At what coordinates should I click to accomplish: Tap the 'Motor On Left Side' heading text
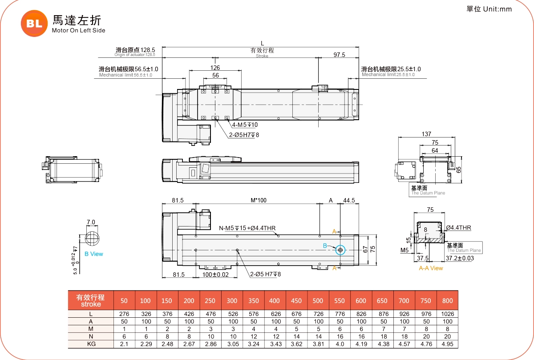click(78, 31)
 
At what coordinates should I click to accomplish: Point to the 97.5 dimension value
click(339, 55)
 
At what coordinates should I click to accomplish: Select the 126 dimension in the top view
click(215, 68)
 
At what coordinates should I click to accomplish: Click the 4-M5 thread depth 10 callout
click(245, 125)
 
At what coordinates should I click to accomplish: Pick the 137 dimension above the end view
click(426, 134)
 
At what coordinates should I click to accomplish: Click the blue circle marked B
click(340, 251)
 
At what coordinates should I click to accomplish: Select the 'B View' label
click(93, 254)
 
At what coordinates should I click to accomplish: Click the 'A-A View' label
click(431, 268)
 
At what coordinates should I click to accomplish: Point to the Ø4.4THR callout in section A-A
click(458, 228)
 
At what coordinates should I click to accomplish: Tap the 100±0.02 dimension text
click(215, 275)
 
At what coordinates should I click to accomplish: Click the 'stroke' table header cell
click(91, 301)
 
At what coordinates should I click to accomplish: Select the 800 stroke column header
click(447, 301)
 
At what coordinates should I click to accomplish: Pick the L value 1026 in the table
click(447, 314)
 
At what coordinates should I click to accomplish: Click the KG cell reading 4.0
click(339, 344)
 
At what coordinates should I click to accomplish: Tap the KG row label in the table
click(91, 344)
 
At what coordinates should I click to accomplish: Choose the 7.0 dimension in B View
click(91, 222)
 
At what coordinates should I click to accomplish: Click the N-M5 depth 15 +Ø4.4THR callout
click(247, 228)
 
